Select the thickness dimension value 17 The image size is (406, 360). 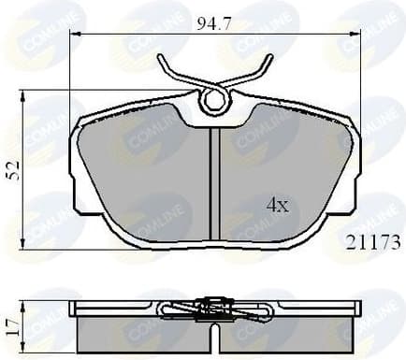pos(12,323)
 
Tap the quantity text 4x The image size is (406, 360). pos(276,204)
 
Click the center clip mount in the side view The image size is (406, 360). pos(214,306)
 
